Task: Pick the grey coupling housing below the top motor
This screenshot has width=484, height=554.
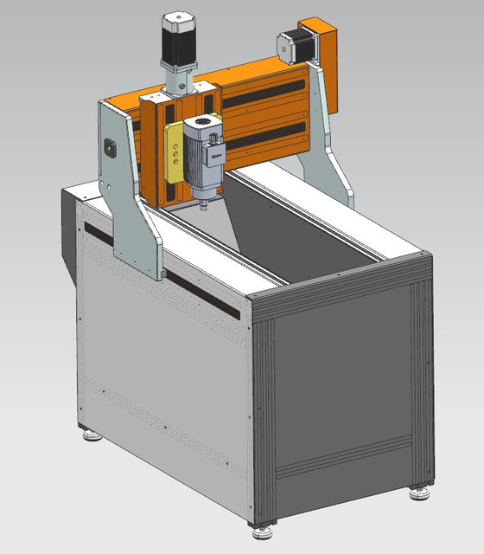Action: coord(178,83)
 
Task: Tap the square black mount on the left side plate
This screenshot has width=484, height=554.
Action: coord(110,147)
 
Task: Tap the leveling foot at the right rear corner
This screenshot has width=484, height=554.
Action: coord(421,492)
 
